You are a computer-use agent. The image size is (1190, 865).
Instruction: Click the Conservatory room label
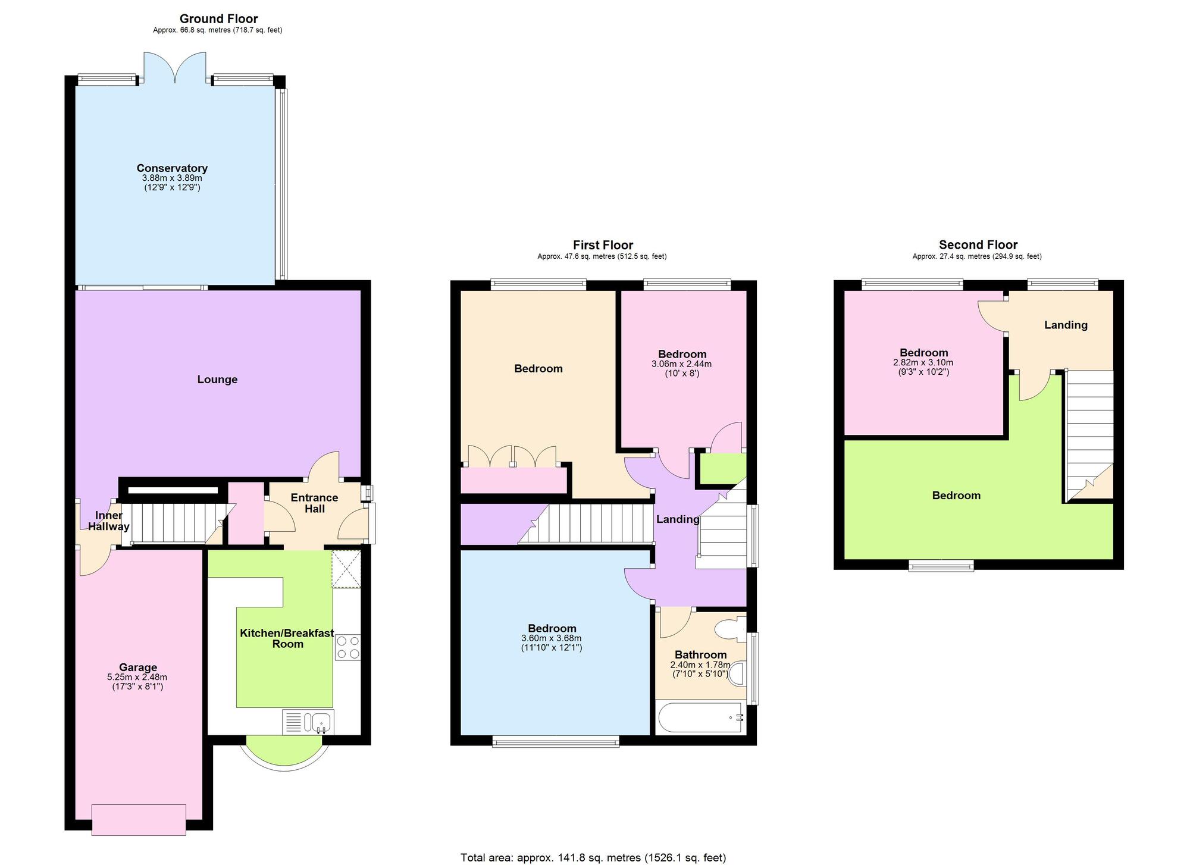(x=172, y=168)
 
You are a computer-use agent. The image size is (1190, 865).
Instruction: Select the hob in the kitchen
(x=348, y=647)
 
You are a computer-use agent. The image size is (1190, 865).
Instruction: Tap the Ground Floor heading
(x=218, y=19)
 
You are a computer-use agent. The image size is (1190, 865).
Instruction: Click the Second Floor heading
(x=978, y=245)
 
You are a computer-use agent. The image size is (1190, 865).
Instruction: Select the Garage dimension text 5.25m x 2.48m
(x=137, y=677)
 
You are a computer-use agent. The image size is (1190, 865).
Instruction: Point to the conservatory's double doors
(x=175, y=67)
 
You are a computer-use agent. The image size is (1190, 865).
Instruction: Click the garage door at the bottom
(x=139, y=820)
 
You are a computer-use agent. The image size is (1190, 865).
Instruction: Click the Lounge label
(x=217, y=380)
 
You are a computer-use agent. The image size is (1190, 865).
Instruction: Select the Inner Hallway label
(x=108, y=521)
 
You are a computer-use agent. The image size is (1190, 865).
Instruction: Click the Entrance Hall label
(x=314, y=503)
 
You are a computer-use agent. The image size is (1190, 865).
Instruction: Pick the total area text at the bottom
(x=593, y=857)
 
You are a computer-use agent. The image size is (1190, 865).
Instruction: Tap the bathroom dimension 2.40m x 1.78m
(x=700, y=665)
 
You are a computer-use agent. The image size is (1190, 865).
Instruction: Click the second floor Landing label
(x=1066, y=325)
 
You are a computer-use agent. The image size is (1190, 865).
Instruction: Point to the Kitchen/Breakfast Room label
(x=287, y=638)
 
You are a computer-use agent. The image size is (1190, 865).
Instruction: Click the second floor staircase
(x=1089, y=436)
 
